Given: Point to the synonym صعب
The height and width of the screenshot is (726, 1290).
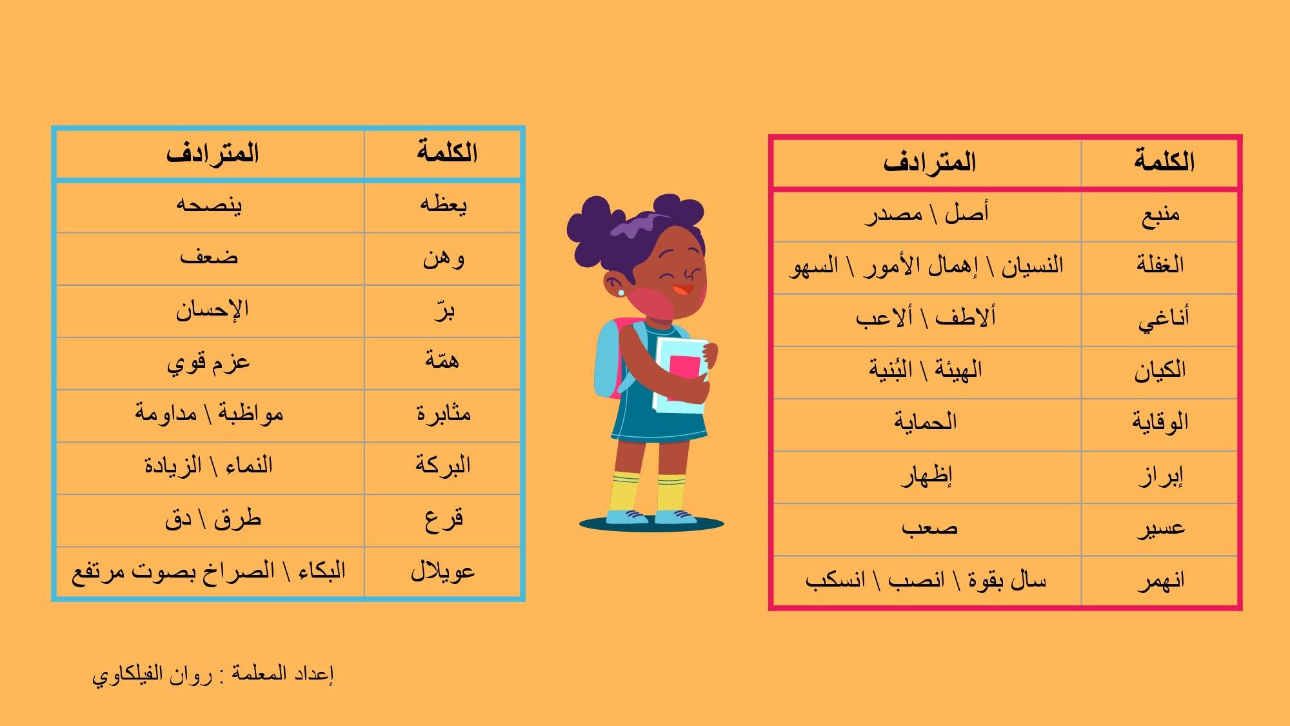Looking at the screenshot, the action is (x=929, y=529).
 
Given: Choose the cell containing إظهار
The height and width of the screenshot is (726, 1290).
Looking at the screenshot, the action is (x=927, y=476).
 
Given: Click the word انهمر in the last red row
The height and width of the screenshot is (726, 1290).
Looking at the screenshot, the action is (x=1160, y=580).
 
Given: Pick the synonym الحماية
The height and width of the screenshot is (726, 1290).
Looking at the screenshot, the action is (x=926, y=422).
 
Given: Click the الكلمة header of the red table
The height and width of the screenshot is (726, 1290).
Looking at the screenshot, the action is (x=1164, y=161).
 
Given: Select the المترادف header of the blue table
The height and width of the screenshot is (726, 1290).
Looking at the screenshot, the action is (x=212, y=153).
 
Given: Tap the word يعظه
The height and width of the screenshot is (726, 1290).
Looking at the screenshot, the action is (x=443, y=205).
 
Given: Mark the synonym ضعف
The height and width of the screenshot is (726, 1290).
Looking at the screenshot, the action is (x=209, y=257).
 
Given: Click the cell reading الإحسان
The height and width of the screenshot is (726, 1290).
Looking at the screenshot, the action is (x=212, y=310).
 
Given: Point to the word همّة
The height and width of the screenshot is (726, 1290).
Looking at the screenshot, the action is (x=442, y=359).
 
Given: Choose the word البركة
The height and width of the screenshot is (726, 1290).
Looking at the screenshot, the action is (x=443, y=464).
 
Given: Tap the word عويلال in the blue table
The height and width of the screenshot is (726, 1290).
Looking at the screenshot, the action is (x=442, y=571).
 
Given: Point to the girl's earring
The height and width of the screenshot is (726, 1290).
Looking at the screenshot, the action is (x=621, y=292).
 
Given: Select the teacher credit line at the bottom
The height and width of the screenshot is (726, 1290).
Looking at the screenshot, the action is (x=213, y=675).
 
